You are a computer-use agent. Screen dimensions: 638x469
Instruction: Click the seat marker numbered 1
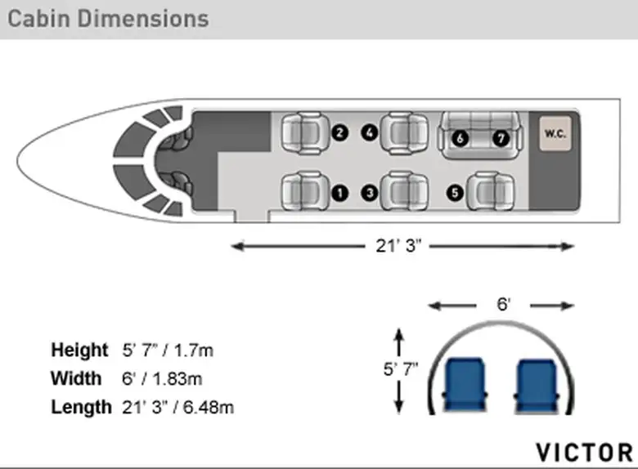tap(339, 193)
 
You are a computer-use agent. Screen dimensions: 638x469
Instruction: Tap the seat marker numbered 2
tap(339, 133)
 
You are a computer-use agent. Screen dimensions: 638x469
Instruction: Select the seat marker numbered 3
tap(370, 193)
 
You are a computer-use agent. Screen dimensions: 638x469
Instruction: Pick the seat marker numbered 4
tap(370, 133)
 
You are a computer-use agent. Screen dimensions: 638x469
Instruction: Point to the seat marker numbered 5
tap(455, 193)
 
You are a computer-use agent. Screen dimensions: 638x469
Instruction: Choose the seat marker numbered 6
tap(460, 139)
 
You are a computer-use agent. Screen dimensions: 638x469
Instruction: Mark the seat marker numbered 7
tap(501, 139)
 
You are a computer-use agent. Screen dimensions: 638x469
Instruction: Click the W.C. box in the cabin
tap(555, 134)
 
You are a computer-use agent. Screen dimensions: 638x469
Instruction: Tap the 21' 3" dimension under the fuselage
tap(398, 246)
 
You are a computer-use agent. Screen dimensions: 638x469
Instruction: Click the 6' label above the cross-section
tap(503, 305)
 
